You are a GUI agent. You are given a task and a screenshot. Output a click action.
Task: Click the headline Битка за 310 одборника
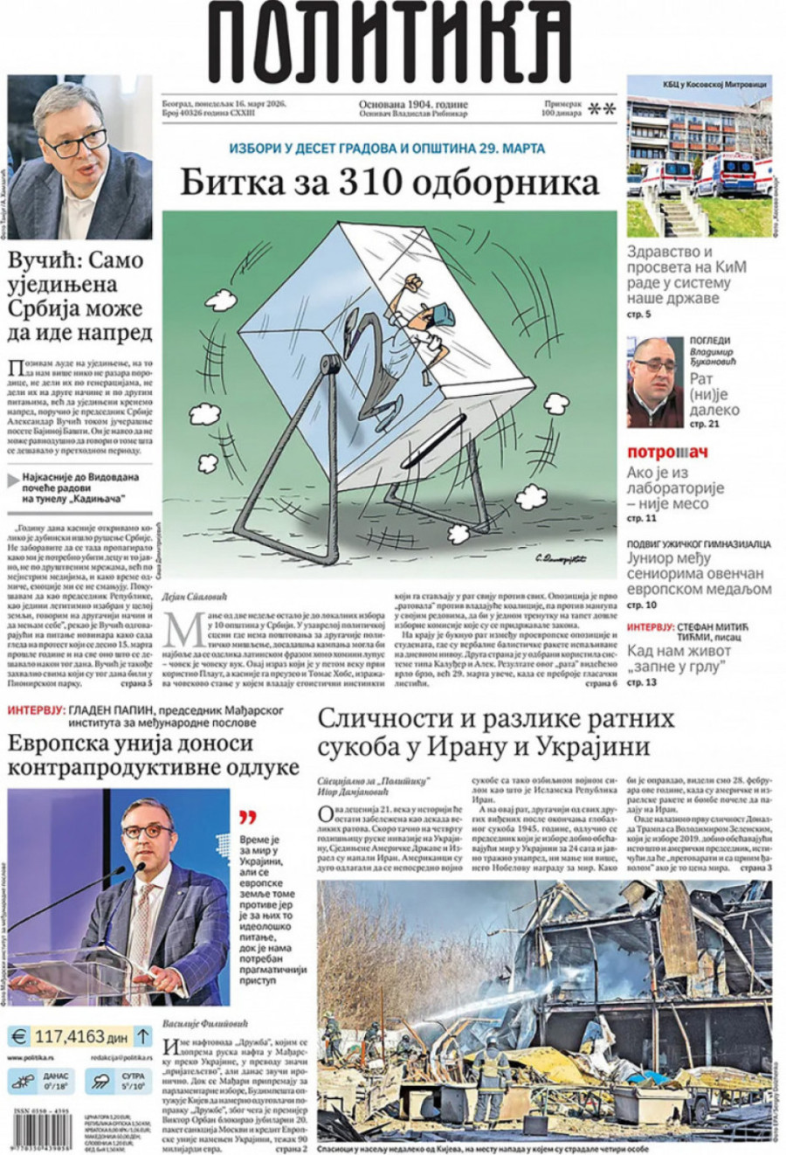[x=390, y=183]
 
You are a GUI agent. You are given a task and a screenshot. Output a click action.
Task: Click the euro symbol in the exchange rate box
[x=17, y=1037]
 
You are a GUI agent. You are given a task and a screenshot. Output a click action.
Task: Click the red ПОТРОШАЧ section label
[x=667, y=453]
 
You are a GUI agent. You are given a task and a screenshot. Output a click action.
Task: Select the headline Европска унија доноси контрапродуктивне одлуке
[x=153, y=755]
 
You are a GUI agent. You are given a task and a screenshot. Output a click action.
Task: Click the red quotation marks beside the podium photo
[x=249, y=817]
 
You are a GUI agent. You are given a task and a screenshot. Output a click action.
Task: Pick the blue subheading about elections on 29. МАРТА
[x=387, y=149]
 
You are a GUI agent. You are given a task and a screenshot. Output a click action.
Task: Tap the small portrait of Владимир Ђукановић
[x=655, y=381]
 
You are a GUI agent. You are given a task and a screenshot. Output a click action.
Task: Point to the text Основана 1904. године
[x=413, y=104]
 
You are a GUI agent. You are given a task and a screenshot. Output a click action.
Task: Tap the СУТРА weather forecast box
[x=118, y=1082]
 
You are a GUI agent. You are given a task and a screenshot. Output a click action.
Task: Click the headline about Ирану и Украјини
[x=496, y=732]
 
